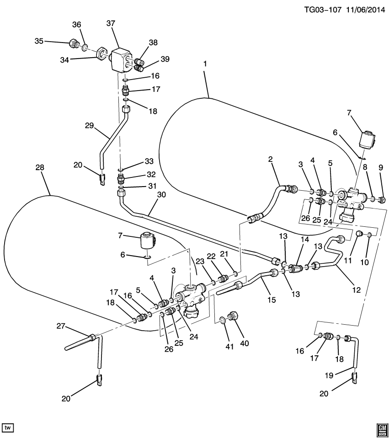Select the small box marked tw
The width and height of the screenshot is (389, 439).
[8, 427]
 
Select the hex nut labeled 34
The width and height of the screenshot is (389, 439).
[102, 54]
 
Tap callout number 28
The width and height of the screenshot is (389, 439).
[40, 168]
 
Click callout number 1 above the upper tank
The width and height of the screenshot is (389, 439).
[205, 64]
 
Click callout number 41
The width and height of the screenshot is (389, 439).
[229, 347]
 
